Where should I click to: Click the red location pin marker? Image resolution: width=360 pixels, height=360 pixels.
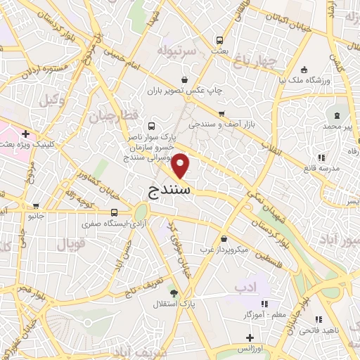[181, 165]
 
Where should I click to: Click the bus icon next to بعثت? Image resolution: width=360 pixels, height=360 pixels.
[220, 41]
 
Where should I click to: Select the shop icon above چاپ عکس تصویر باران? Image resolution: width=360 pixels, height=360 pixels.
[184, 79]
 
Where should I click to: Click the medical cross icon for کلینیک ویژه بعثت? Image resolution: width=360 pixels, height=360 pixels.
[26, 134]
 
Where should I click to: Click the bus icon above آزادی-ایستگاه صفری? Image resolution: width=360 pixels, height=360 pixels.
[114, 212]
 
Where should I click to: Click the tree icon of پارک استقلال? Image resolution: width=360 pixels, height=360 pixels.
[174, 294]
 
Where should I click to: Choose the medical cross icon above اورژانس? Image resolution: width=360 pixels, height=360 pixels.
[250, 337]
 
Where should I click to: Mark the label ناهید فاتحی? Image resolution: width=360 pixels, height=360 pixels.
[339, 329]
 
